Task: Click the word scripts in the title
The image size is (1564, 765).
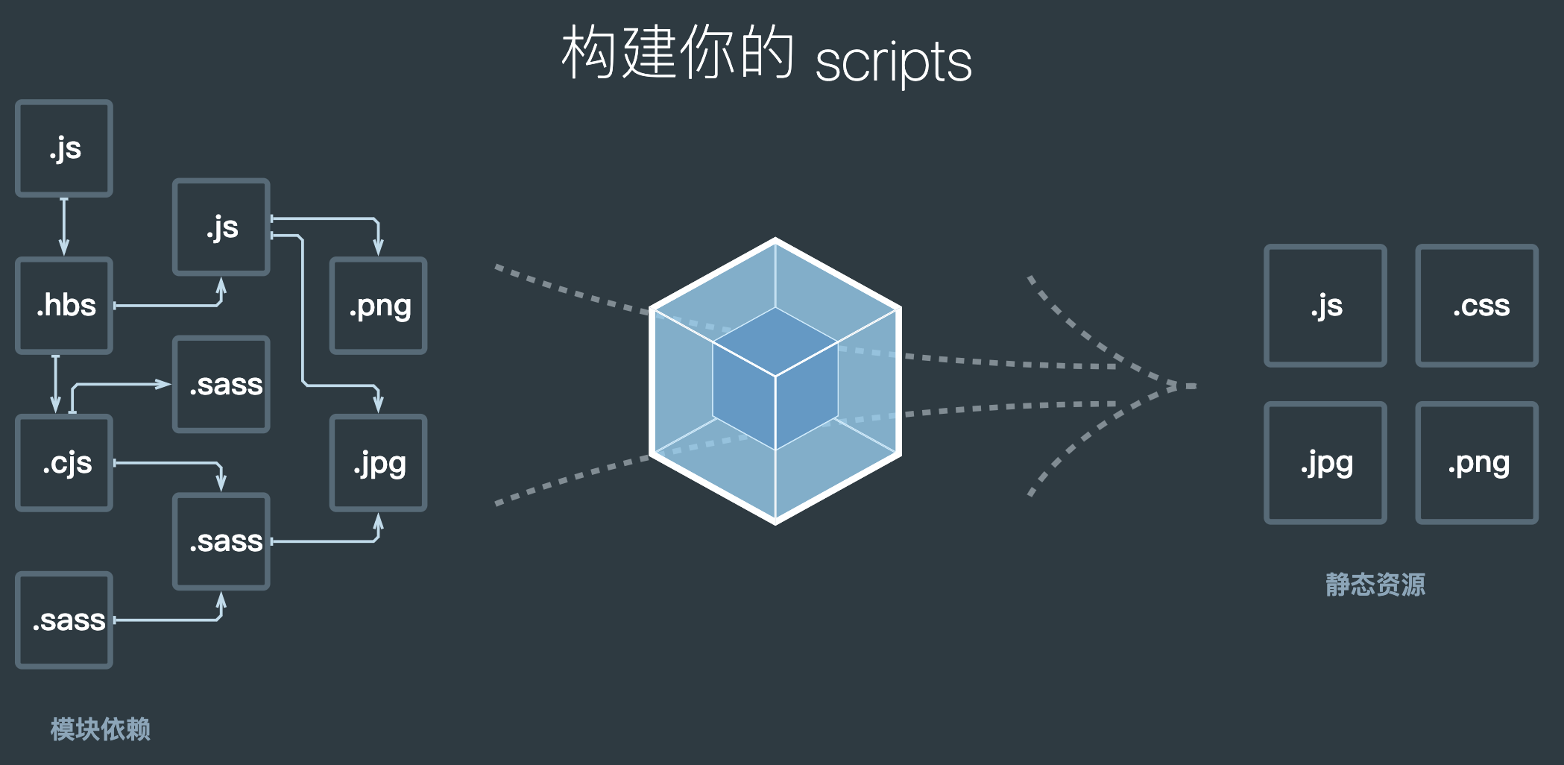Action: [x=893, y=61]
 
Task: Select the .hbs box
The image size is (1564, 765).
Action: [x=64, y=306]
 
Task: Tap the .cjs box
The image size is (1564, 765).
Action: [x=64, y=463]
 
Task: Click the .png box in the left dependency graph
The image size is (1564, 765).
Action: [x=379, y=306]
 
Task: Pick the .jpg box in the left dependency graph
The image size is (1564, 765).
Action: [x=379, y=463]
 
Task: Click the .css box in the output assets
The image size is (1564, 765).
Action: [x=1477, y=306]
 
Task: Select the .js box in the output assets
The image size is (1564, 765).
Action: [x=1325, y=306]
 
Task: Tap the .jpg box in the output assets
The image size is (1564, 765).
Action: [x=1325, y=463]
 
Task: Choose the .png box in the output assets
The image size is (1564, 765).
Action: [x=1477, y=463]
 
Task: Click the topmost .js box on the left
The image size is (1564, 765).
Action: [x=64, y=148]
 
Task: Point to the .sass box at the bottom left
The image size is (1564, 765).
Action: [x=64, y=620]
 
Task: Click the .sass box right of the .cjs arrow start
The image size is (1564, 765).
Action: [x=221, y=385]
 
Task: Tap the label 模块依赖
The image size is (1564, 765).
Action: [x=100, y=728]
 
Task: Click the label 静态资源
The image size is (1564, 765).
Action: [x=1375, y=584]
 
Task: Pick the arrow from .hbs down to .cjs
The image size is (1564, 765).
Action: [x=56, y=383]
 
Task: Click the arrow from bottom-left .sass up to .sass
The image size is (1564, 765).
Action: [x=171, y=620]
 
